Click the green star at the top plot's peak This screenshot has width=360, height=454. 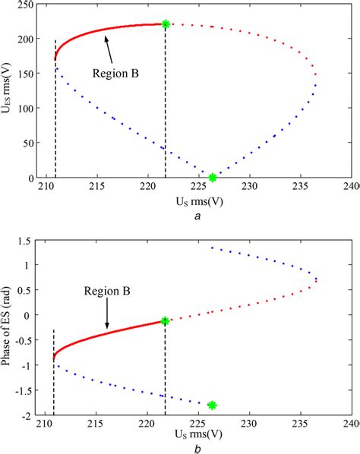(x=166, y=24)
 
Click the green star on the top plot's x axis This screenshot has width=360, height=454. (x=213, y=178)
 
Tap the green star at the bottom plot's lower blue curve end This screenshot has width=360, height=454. (x=213, y=405)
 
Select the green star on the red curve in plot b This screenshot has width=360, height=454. (x=165, y=321)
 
